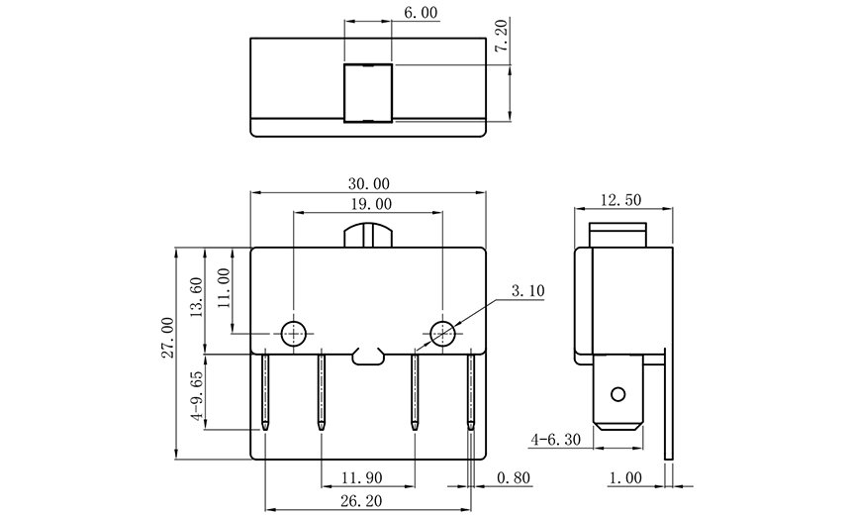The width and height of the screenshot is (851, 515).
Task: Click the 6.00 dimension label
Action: (x=422, y=12)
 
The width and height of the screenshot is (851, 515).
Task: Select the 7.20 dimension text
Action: (x=502, y=36)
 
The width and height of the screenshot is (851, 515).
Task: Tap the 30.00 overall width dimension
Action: (x=369, y=183)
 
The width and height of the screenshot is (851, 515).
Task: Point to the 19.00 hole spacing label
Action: (x=371, y=204)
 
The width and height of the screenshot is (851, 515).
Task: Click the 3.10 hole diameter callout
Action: (x=527, y=290)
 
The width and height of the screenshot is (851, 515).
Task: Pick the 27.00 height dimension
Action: (x=167, y=338)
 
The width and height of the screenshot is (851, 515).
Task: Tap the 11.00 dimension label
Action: (x=224, y=288)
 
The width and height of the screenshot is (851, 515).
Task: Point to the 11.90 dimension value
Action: (x=362, y=478)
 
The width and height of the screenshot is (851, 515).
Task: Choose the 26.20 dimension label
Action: (x=361, y=501)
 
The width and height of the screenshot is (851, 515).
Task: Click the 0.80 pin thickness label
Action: (x=514, y=478)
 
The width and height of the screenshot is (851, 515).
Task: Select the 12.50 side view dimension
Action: (x=620, y=200)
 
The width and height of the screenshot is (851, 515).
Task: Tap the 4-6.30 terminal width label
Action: (x=556, y=439)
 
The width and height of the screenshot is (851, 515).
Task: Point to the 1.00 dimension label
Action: (x=625, y=478)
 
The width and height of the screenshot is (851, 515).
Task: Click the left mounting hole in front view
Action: (x=294, y=333)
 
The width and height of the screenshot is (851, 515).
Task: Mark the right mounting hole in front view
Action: (x=443, y=333)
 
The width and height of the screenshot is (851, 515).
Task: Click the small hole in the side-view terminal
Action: (x=618, y=394)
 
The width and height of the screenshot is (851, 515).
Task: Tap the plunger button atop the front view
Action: (x=368, y=237)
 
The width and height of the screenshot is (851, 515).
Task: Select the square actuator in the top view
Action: (x=368, y=93)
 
